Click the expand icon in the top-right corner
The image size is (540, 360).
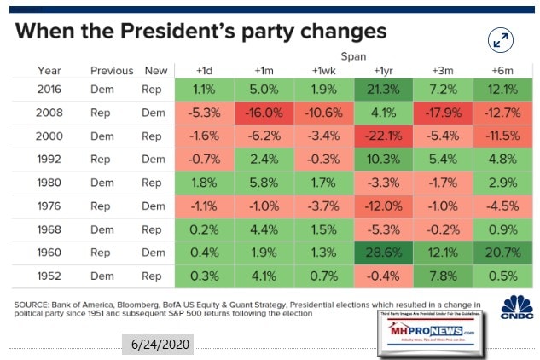(x=501, y=40)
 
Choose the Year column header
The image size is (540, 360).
(x=49, y=70)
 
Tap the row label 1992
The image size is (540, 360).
(x=49, y=159)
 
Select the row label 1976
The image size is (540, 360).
(x=49, y=206)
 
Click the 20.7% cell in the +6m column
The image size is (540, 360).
(x=500, y=252)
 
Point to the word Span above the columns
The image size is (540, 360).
(x=380, y=55)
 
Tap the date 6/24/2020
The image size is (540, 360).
(x=157, y=344)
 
